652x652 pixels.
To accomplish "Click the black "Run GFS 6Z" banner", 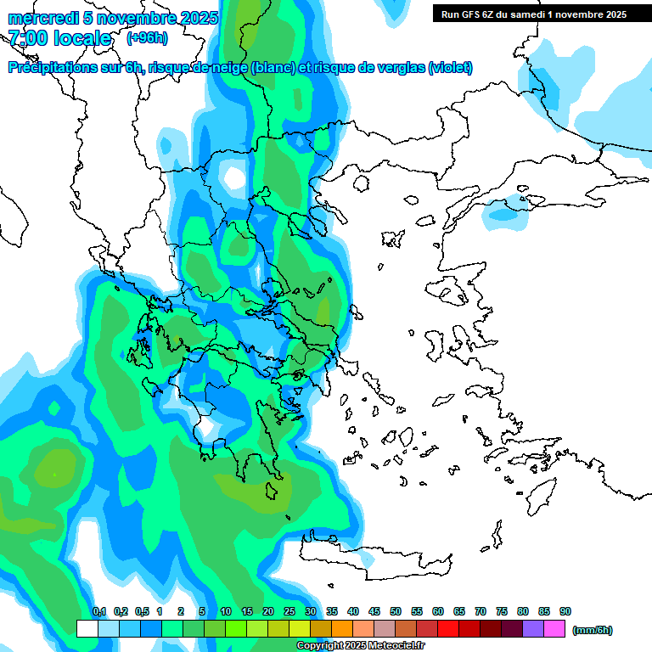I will (534, 14).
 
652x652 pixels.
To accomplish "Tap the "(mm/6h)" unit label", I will (592, 630).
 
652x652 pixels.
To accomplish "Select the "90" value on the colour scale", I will (565, 611).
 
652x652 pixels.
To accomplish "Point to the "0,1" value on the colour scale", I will (98, 611).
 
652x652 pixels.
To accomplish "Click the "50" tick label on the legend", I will (396, 611).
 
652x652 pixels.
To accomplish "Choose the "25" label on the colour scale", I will (289, 611).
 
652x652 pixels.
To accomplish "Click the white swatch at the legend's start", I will (87, 629).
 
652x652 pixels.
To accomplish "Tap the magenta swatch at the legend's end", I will (555, 629).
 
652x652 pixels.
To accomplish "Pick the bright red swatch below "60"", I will (448, 629).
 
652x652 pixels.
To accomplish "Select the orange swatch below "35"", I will (342, 629).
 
